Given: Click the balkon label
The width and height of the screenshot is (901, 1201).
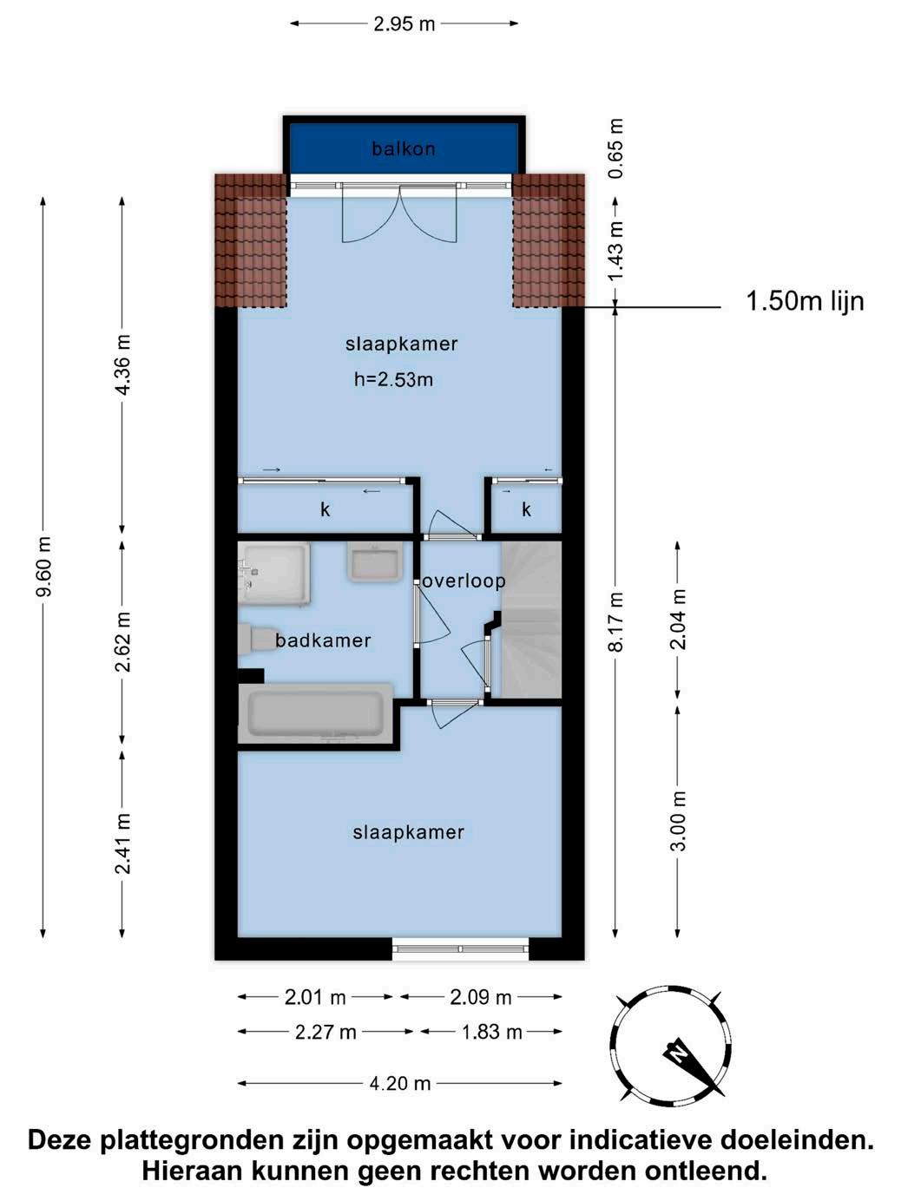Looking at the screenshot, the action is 403,148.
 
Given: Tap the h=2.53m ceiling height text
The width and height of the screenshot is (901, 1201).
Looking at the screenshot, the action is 393,379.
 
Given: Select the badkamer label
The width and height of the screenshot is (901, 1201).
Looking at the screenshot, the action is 323,640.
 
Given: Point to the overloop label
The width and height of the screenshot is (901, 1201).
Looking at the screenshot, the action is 464,581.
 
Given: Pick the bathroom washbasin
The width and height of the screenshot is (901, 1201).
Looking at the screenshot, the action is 375,562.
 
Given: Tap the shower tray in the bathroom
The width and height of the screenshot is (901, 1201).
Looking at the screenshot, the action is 274,574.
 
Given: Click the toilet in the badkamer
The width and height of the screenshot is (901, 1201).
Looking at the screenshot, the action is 257,638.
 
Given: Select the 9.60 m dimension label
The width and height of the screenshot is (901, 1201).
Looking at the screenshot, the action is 44,567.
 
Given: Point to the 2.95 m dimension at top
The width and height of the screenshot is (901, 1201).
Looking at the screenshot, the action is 404,24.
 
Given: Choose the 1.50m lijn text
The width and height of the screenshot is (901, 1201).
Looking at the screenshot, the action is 805,301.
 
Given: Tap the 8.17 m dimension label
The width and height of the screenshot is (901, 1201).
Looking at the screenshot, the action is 616,621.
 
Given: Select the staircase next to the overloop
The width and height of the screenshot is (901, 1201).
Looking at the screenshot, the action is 532,620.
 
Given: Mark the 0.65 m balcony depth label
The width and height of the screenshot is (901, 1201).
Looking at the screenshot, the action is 616,148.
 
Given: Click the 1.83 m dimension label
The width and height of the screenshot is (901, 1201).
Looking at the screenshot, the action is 492,1032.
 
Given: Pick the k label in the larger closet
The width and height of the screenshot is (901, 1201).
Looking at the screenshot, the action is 326,509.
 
